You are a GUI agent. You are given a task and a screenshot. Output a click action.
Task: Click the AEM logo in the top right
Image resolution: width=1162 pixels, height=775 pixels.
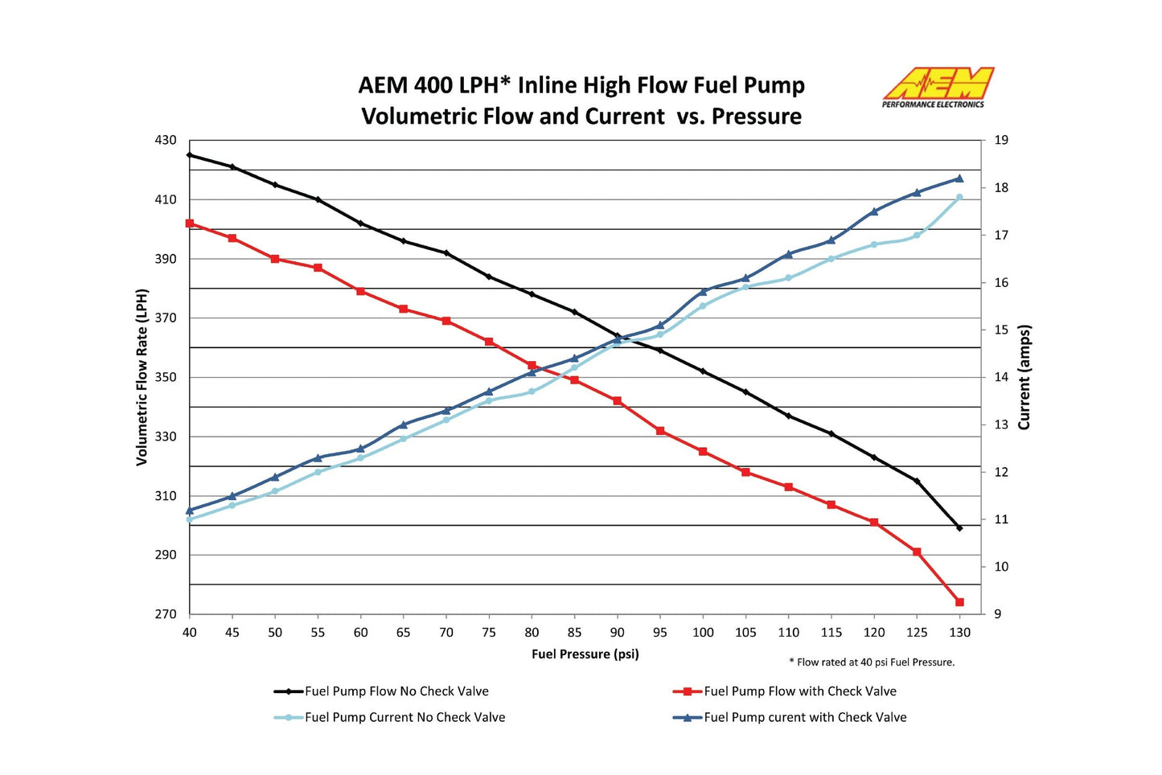938,87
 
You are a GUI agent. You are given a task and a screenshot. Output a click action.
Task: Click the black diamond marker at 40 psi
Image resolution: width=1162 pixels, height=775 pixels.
190,155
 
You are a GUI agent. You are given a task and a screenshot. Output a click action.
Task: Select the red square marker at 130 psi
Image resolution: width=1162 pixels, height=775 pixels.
959,602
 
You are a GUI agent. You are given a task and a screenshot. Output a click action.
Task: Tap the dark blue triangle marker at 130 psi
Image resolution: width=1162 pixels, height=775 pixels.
959,178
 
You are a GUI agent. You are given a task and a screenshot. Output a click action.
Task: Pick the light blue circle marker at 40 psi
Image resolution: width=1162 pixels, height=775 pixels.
190,519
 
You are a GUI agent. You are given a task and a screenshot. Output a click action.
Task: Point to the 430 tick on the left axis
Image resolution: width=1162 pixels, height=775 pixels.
166,140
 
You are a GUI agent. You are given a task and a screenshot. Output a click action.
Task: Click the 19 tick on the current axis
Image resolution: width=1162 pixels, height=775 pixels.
1001,140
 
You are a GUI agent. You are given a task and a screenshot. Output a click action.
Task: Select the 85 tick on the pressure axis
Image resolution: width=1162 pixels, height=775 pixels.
574,633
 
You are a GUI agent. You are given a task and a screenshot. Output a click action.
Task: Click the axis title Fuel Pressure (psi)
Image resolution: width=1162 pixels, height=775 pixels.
585,654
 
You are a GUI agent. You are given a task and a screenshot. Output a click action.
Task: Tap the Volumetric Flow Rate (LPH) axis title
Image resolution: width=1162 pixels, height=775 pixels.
142,377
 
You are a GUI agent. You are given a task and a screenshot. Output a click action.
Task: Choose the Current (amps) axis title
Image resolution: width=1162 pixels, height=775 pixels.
1024,377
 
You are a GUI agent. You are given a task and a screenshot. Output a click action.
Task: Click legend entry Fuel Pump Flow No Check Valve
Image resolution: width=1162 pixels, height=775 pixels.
396,691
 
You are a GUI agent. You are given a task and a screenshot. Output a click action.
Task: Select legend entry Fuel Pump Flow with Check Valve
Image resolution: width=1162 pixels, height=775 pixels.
799,691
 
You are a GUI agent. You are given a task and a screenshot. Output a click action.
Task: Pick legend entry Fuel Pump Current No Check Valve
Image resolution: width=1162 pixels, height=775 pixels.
404,717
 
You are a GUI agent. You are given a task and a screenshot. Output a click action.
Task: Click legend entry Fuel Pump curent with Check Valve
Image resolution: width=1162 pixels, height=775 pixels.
805,717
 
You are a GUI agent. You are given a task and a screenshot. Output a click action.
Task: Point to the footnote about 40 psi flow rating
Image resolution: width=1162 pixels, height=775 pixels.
872,662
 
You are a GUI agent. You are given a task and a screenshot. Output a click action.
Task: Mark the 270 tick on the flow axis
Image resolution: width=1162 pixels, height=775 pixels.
166,614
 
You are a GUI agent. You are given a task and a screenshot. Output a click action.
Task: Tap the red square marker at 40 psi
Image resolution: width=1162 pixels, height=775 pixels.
190,223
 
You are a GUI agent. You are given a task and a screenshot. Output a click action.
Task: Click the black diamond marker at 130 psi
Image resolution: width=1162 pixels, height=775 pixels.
959,528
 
